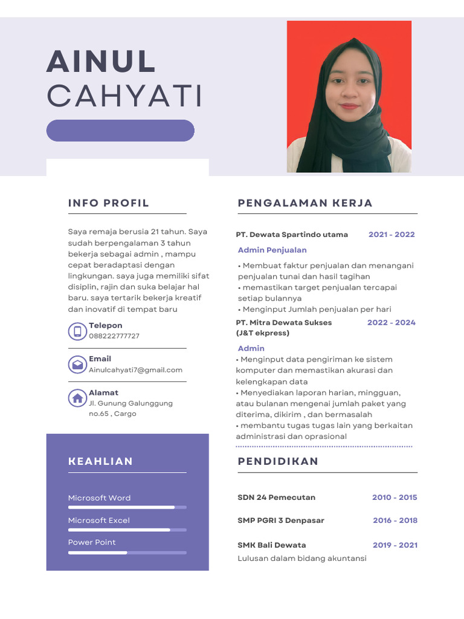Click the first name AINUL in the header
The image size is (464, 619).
tap(101, 62)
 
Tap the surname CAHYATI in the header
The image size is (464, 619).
tap(124, 96)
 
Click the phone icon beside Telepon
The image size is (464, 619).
tap(77, 331)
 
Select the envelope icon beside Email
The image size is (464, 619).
tap(77, 365)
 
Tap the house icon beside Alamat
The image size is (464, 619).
tap(77, 398)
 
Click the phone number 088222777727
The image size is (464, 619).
tap(114, 336)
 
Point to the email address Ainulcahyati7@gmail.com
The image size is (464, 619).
tap(135, 370)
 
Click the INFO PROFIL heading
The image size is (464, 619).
tap(109, 203)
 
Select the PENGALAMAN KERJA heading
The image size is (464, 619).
tap(305, 203)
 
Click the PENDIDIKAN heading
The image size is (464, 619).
tap(278, 461)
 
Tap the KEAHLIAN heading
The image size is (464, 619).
tap(100, 461)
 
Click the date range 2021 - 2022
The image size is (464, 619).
tap(391, 235)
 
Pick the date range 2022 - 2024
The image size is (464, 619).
tap(391, 323)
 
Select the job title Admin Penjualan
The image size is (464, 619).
tap(272, 250)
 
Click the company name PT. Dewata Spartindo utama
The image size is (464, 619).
tap(292, 235)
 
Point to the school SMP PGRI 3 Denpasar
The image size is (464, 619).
tap(281, 520)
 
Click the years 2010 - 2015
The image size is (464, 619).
tap(395, 497)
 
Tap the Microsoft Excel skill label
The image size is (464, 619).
tap(98, 520)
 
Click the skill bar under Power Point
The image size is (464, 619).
tap(127, 553)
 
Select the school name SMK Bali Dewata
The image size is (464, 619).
tap(272, 545)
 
